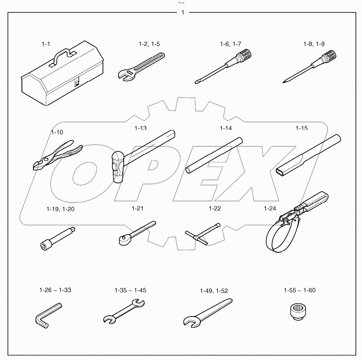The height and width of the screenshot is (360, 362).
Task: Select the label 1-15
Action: (x=301, y=128)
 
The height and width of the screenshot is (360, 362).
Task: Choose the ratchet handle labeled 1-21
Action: (x=134, y=232)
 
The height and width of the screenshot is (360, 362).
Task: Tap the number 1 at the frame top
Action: (x=182, y=12)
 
